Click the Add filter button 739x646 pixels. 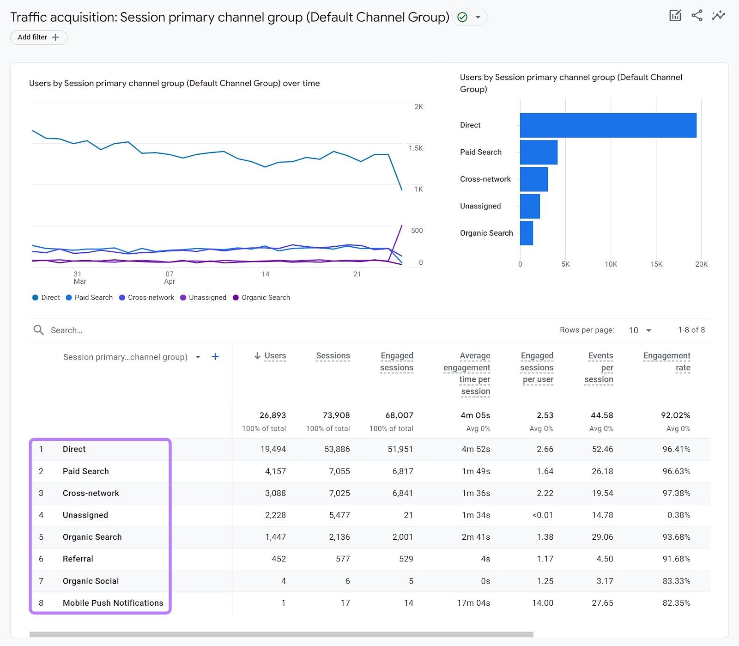[39, 37]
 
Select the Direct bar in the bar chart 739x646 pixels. [608, 125]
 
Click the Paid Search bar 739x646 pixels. [539, 152]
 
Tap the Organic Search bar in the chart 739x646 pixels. [527, 233]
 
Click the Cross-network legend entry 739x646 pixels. [146, 298]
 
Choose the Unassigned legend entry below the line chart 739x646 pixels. [203, 298]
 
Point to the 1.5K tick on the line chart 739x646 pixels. [415, 148]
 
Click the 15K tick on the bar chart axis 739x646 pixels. [656, 264]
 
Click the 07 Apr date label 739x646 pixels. [170, 277]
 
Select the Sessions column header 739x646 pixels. [333, 356]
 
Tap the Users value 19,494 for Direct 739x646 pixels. [273, 449]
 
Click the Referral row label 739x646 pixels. [78, 559]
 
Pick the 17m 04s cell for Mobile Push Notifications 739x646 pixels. [473, 603]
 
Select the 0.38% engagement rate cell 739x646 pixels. [678, 515]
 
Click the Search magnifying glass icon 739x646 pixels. [39, 330]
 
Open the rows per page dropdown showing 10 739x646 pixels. [640, 330]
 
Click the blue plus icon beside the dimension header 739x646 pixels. [215, 357]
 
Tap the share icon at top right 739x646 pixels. [697, 15]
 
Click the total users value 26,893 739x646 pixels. [273, 415]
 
